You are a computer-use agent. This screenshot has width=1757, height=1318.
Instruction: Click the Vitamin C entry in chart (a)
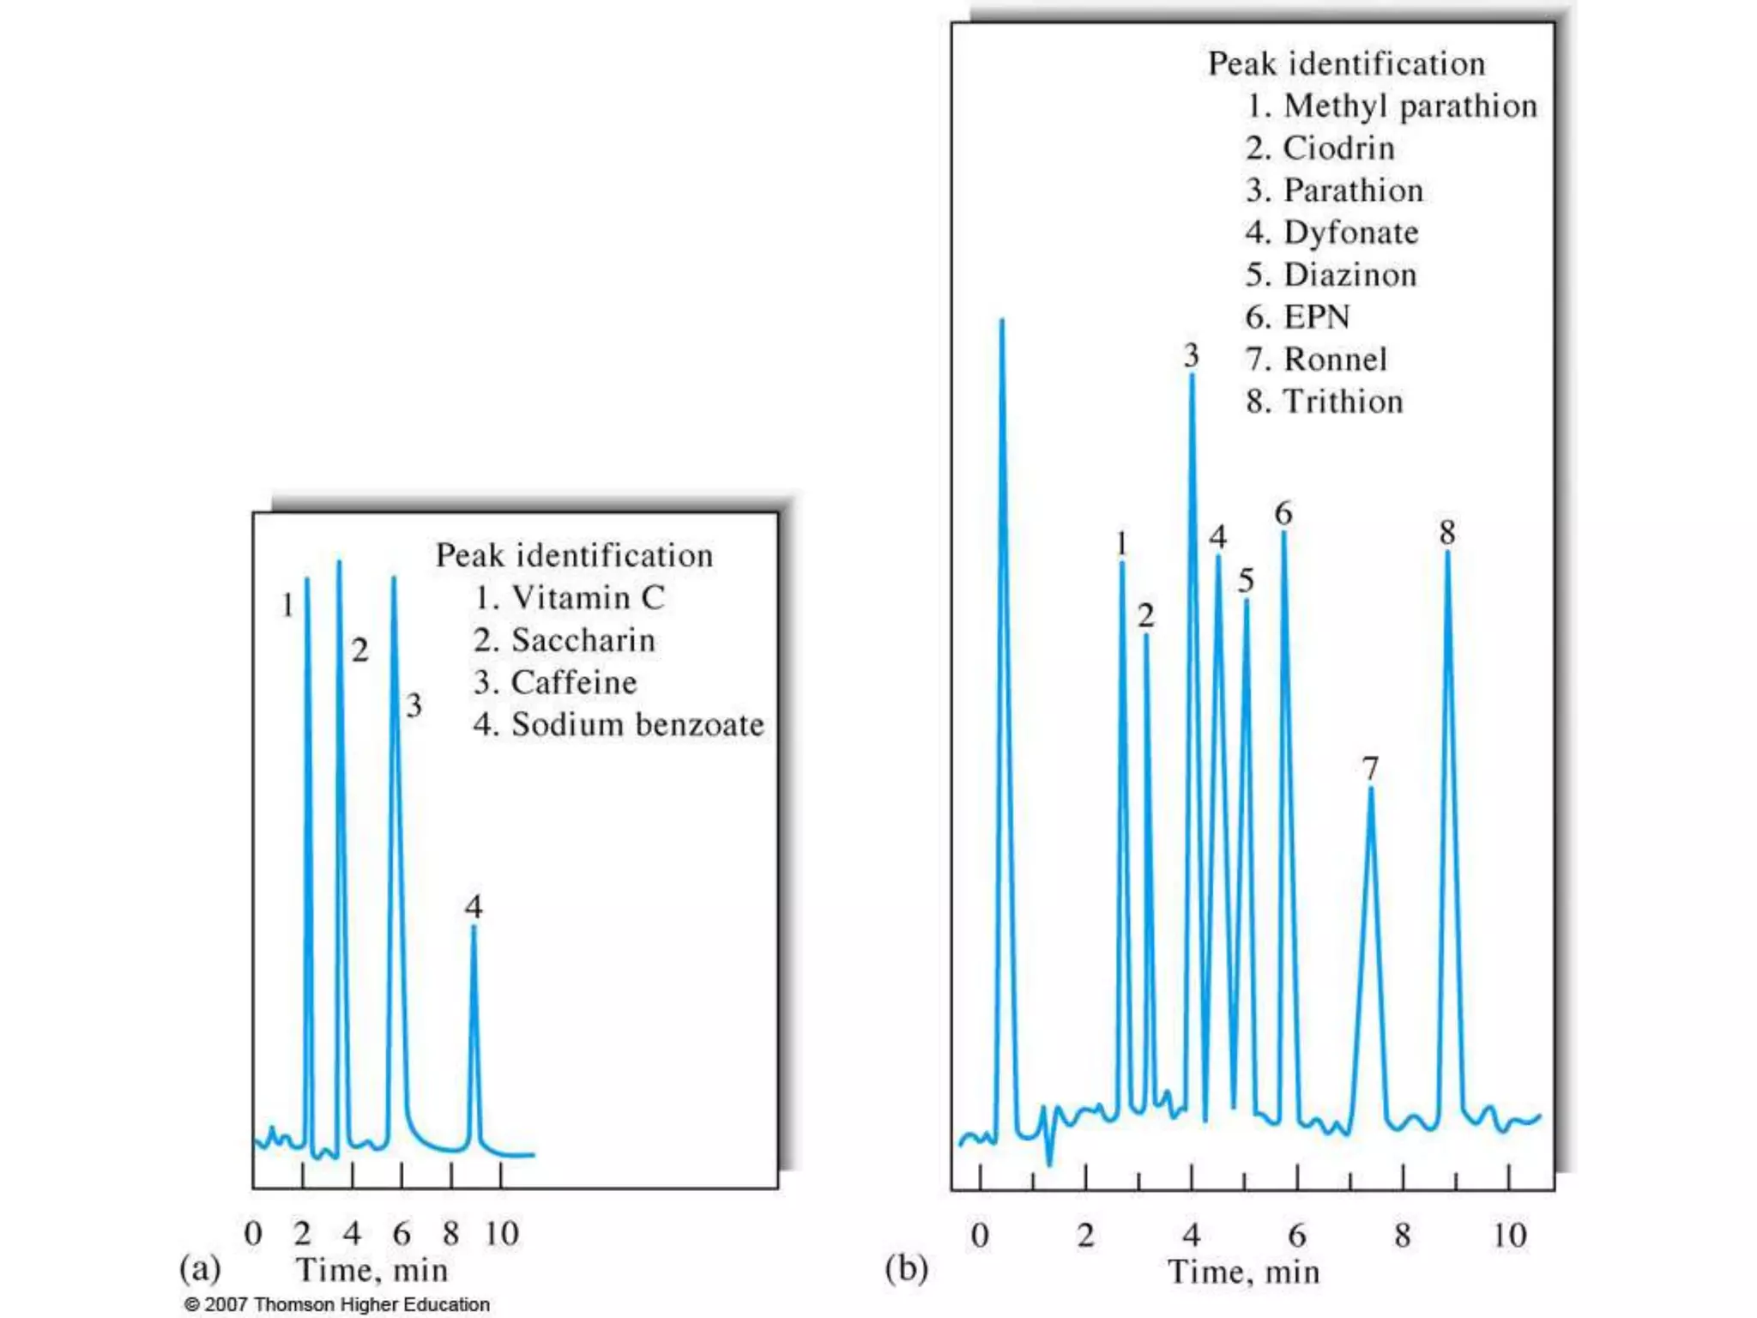coord(570,598)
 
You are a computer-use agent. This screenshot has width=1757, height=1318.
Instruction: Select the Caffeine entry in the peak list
coord(556,683)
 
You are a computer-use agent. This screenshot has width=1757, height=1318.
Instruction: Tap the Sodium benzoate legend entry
coord(619,725)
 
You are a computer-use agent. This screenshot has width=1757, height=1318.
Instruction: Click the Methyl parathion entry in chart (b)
coord(1392,106)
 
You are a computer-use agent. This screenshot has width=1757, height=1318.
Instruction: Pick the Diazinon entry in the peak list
coord(1331,275)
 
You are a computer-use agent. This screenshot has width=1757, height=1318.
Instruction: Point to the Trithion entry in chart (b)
coord(1325,402)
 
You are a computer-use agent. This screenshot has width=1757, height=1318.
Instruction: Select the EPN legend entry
coord(1298,317)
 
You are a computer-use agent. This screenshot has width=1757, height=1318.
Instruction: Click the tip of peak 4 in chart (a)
coord(474,928)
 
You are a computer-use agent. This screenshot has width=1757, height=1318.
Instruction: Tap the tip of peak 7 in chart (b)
coord(1370,789)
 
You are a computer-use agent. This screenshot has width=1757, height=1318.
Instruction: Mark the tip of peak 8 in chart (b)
coord(1447,552)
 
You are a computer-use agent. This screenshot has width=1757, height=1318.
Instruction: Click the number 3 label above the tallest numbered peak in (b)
coord(1191,355)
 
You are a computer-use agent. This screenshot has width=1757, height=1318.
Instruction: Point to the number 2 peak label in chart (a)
coord(360,650)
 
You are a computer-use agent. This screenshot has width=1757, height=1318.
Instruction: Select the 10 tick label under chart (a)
coord(502,1234)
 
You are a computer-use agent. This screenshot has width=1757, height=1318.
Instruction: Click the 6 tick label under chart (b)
coord(1296,1236)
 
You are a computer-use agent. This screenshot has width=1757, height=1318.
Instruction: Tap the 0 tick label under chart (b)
coord(980,1236)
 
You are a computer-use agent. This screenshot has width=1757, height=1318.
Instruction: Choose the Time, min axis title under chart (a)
coord(372,1270)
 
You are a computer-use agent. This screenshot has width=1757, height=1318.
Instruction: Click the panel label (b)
coord(906,1268)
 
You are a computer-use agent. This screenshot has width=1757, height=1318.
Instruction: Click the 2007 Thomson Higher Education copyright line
coord(337,1304)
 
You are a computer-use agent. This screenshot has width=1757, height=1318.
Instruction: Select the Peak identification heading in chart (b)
coord(1346,64)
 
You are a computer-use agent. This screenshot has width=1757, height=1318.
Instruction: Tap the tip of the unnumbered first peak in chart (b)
coord(1001,321)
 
